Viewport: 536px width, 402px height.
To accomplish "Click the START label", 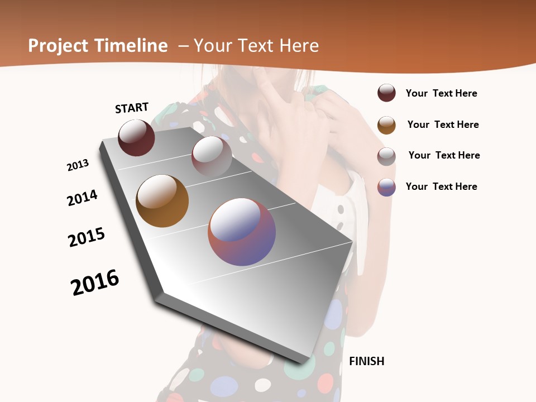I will coord(132,108).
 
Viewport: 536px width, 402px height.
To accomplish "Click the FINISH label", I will coord(366,361).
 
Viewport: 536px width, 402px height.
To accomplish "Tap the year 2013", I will coord(78,165).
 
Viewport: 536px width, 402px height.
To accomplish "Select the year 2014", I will coord(82,198).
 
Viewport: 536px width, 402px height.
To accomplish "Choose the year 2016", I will coord(95,283).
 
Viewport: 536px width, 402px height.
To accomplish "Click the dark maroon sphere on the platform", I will coord(136,137).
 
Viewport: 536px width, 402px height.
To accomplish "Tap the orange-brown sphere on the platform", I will coord(162,201).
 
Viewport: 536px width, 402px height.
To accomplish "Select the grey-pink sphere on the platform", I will coord(212,156).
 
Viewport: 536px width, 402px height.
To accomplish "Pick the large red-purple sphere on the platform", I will coord(242,232).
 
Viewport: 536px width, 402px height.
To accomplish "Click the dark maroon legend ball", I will coord(386,93).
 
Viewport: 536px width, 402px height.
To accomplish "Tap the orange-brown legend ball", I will coord(386,125).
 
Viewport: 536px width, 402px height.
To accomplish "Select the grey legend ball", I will coord(386,156).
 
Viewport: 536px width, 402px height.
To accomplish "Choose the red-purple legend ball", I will coord(386,187).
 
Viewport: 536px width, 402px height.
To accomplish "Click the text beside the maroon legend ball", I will coord(441,93).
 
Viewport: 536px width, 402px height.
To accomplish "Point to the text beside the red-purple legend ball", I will coord(441,186).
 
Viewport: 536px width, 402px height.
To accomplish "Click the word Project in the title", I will coord(58,46).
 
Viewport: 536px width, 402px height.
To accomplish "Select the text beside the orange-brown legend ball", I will coord(443,125).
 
